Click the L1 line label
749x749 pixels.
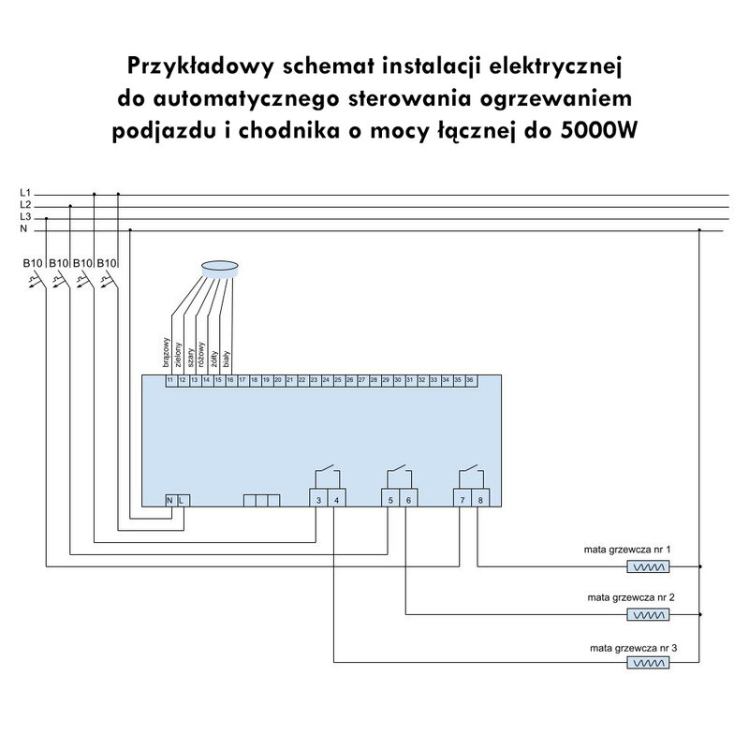point(25,192)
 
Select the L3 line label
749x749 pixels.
point(25,216)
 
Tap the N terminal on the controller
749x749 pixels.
point(169,500)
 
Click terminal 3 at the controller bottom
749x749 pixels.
point(318,500)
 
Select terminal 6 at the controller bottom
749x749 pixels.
point(407,500)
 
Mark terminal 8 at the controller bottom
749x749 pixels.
point(480,500)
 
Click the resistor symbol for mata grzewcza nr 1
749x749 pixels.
point(649,566)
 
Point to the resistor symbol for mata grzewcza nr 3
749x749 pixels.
point(649,664)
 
